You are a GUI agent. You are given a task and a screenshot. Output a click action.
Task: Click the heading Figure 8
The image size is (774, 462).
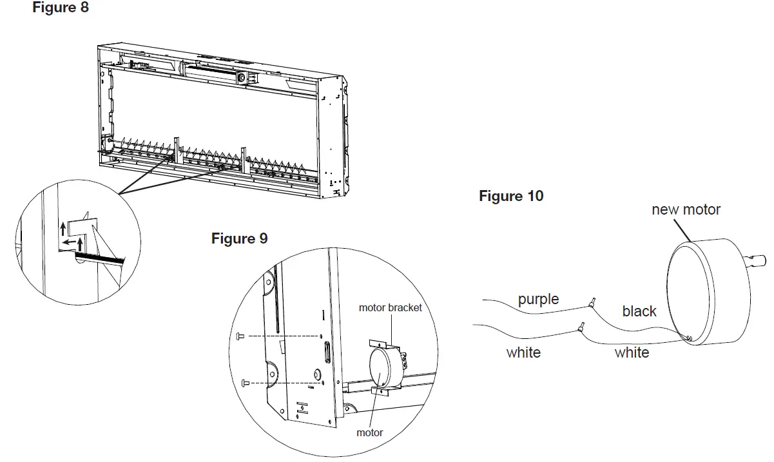[x=61, y=8]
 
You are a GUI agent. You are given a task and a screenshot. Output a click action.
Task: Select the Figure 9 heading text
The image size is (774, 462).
[x=239, y=238]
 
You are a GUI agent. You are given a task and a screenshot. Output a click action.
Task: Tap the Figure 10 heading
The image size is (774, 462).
[x=511, y=196]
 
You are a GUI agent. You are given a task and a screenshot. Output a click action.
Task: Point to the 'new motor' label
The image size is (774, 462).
[x=686, y=209]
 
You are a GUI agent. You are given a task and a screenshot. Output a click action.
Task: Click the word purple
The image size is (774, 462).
[x=538, y=300]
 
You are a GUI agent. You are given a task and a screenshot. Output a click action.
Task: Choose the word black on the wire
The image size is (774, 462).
[x=639, y=311]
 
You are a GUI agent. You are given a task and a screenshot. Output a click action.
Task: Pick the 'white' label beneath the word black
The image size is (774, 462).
[x=632, y=352]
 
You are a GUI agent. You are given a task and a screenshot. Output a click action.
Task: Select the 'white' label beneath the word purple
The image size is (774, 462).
[x=523, y=352]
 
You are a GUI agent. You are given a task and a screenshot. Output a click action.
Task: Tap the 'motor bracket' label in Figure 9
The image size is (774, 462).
[x=390, y=308]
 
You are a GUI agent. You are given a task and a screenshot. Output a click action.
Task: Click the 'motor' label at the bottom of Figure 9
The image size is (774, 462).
[x=370, y=432]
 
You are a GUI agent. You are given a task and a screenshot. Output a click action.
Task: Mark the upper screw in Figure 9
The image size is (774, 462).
[x=240, y=335]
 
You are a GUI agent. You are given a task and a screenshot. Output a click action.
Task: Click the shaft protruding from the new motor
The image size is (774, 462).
[x=758, y=261]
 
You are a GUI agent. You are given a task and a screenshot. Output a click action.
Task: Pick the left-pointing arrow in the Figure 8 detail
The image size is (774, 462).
[x=66, y=244]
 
